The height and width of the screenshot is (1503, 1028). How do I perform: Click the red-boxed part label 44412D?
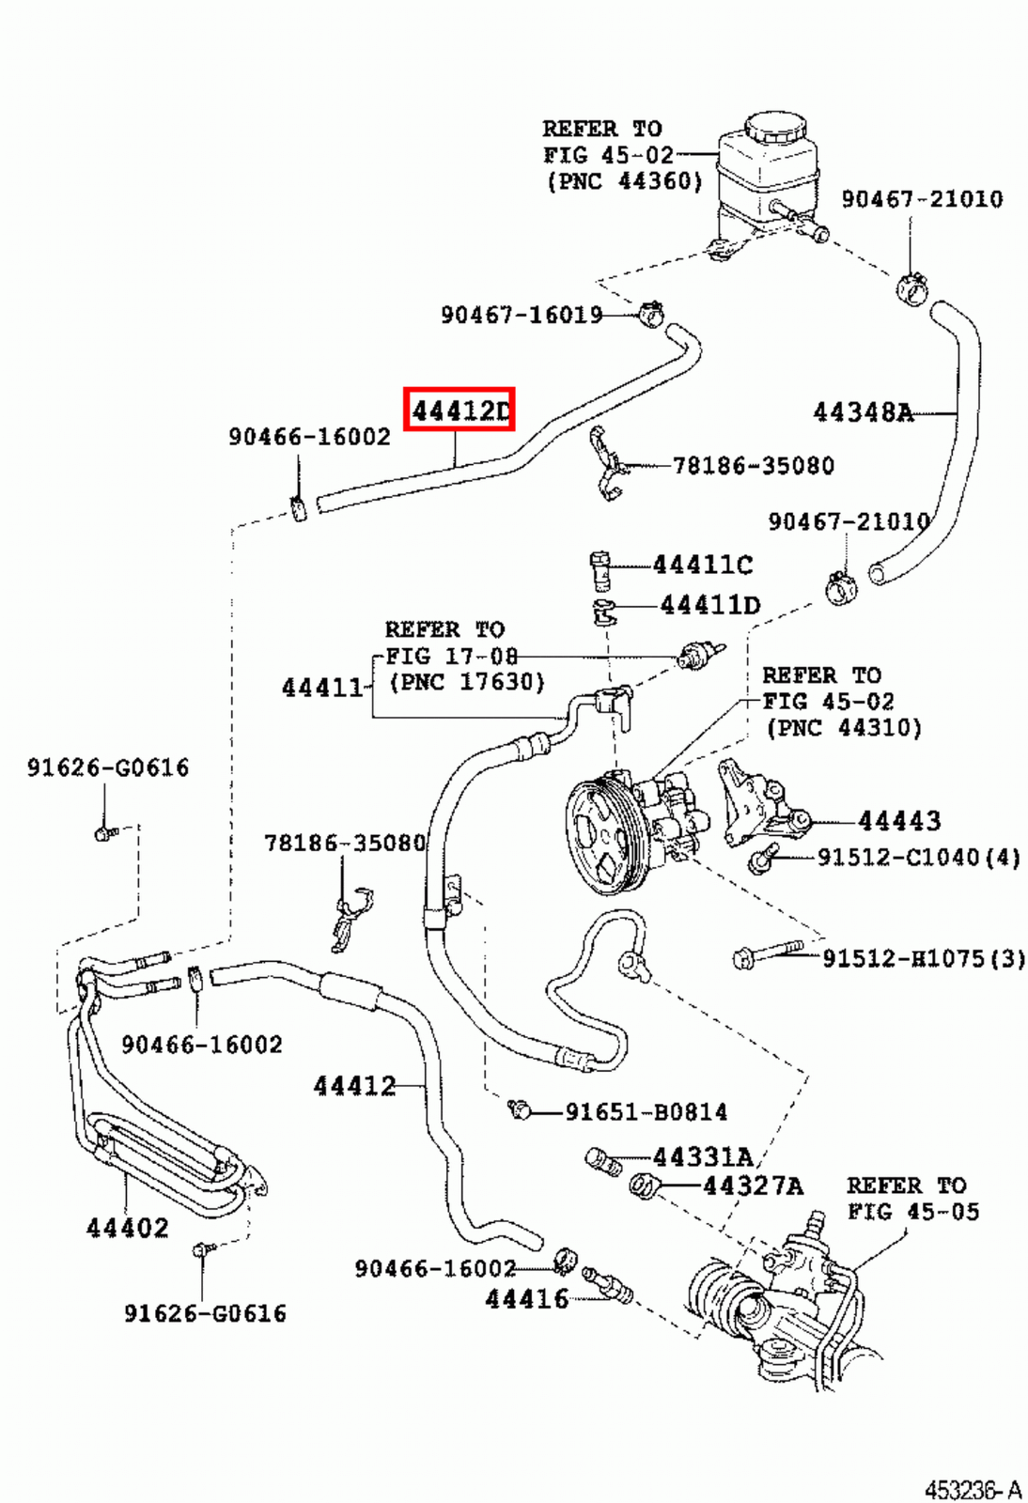click(459, 410)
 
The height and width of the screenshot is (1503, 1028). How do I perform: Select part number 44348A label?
click(863, 411)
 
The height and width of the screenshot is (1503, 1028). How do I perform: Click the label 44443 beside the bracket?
click(898, 821)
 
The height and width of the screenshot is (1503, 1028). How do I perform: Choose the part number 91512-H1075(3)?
click(923, 958)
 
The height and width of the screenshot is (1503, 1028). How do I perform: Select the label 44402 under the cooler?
click(128, 1227)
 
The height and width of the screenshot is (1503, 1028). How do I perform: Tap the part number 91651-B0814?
click(646, 1112)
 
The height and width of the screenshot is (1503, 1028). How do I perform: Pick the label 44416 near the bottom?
click(527, 1299)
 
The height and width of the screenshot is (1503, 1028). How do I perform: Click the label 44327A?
click(753, 1185)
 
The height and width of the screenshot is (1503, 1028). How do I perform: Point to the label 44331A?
click(703, 1156)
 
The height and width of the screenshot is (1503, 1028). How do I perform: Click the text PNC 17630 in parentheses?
click(467, 682)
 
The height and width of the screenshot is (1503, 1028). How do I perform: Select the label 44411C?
click(702, 565)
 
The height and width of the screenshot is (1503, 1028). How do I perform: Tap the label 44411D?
click(709, 605)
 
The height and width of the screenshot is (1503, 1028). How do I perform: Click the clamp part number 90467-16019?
click(522, 315)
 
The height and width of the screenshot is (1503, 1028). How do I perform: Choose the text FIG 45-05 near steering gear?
click(912, 1212)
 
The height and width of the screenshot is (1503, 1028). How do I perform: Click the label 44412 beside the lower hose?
click(354, 1086)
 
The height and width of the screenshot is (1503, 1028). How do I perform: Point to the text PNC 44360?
click(625, 180)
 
